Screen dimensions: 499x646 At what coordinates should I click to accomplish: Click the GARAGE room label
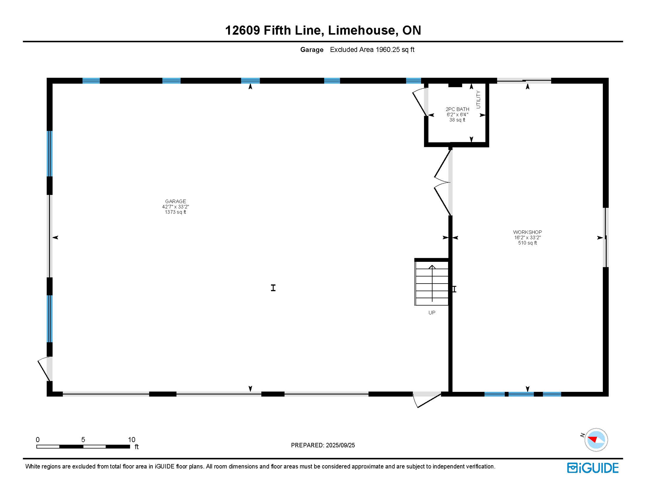coord(175,201)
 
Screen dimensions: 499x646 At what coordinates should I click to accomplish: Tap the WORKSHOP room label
coord(527,232)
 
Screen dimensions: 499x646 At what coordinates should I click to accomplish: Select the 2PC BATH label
coord(457,109)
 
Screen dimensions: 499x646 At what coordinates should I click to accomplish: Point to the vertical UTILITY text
coord(478,99)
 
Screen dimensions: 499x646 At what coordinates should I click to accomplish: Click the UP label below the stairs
coord(432,313)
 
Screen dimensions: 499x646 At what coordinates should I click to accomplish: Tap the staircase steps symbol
coord(432,283)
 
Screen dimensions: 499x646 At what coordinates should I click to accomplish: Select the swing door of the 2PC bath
coord(420,101)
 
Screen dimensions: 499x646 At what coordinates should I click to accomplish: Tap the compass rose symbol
coord(596,440)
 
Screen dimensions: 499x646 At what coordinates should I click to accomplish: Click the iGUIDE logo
coord(593,468)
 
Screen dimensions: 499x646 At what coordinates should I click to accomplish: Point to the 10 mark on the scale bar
coord(131,440)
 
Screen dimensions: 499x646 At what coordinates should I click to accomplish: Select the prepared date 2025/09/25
coord(341,445)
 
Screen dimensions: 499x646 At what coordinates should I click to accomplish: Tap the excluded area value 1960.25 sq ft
coord(395,50)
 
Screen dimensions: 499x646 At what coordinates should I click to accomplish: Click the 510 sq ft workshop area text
coord(527,243)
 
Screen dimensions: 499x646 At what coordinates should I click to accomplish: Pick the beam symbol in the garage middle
coord(273,288)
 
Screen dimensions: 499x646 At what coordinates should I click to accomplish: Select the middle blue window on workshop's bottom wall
coord(521,394)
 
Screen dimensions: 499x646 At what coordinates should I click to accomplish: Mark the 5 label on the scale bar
coord(83,440)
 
